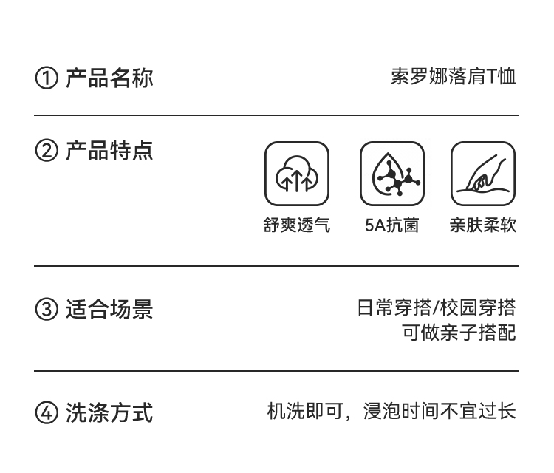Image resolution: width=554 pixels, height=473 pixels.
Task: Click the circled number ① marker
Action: tap(46, 78)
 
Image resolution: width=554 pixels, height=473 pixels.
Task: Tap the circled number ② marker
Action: tap(46, 152)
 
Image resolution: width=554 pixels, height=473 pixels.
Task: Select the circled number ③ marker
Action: tap(46, 310)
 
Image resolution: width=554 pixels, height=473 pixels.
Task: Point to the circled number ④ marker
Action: tap(46, 413)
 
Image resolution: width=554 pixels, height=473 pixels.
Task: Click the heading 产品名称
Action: tap(109, 78)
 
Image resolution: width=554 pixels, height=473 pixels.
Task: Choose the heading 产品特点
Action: tap(109, 151)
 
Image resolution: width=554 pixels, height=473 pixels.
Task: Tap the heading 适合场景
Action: tap(109, 309)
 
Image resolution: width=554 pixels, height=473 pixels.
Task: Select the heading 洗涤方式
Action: tap(109, 412)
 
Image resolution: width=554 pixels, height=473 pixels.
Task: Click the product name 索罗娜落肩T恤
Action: tap(453, 77)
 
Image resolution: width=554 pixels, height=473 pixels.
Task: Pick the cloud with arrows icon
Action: tap(297, 174)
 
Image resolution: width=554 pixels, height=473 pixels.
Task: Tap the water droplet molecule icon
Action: tap(392, 174)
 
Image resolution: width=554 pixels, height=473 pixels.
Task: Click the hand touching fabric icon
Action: tap(483, 174)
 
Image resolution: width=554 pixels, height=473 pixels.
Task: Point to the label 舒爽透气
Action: tap(297, 225)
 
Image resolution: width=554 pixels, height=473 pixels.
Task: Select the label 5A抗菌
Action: tap(392, 225)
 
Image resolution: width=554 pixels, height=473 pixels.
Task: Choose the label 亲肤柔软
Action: tap(483, 225)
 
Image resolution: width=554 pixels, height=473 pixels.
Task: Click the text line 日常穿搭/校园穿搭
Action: tap(437, 307)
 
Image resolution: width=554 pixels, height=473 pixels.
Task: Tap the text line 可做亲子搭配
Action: tap(459, 333)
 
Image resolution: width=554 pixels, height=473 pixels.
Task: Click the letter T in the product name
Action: tap(492, 77)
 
